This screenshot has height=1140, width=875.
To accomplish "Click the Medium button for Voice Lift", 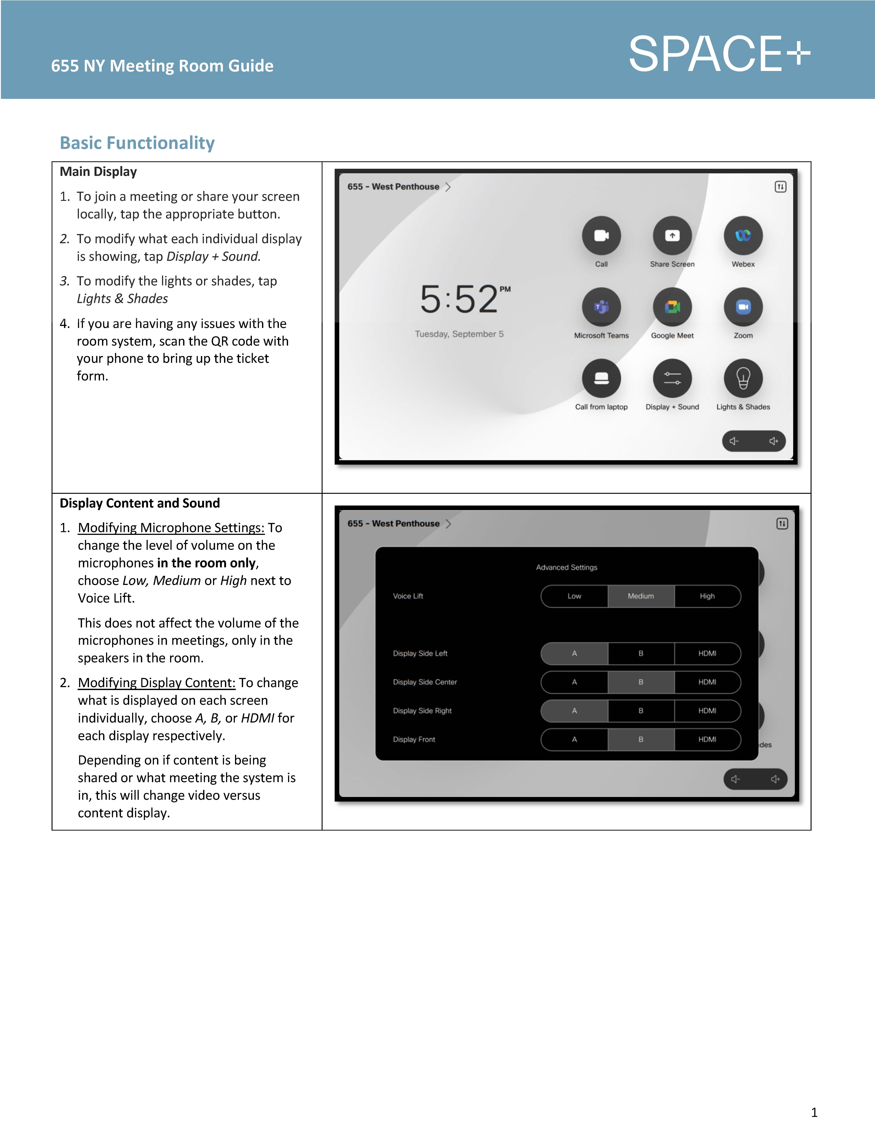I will (641, 596).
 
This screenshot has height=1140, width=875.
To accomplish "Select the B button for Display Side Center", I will (641, 682).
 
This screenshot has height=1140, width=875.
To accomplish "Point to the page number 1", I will (814, 1112).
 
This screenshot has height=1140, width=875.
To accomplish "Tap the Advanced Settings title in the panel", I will (567, 567).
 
